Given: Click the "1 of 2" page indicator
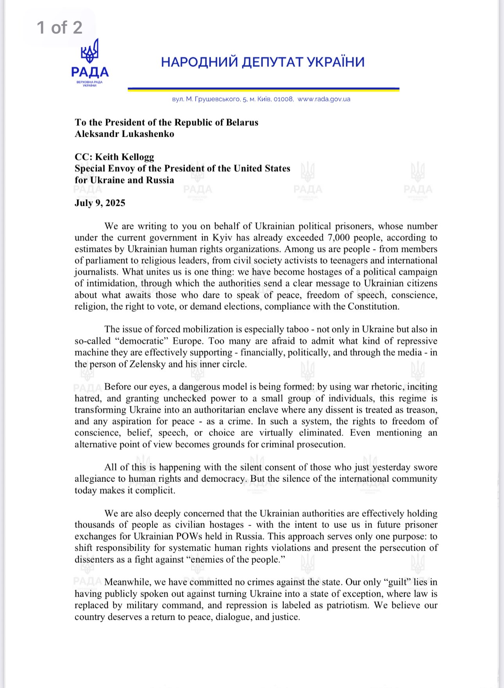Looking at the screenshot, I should coord(59,28).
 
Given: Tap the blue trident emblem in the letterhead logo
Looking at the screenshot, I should coord(90,51).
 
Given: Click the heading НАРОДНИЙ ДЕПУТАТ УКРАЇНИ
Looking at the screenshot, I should coord(263,62).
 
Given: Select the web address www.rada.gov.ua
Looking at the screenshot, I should coord(324,99).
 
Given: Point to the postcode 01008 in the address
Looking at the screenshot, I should coord(283,99).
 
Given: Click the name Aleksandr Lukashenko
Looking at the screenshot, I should coord(124,134).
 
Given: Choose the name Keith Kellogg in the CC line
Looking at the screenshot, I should coord(125,157).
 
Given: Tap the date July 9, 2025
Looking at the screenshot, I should coord(100,203).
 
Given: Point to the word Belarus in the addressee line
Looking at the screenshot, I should coord(240,123).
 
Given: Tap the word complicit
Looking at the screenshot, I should coord(155,491).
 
